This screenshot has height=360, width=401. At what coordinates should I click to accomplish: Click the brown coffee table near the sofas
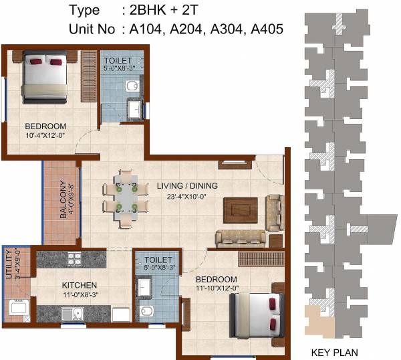pos(239,210)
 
